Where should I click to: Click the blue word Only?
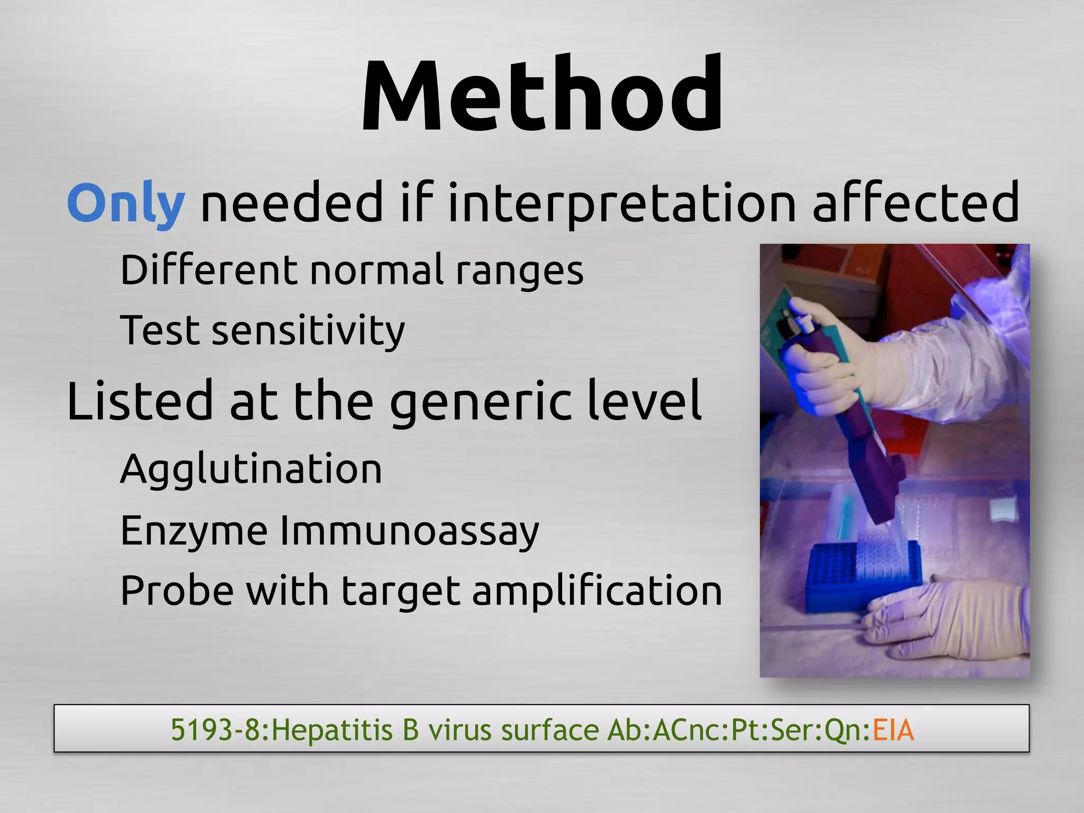tap(126, 203)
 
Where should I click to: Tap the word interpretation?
tap(622, 203)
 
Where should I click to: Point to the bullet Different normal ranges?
tap(352, 270)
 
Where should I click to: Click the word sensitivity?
tap(308, 331)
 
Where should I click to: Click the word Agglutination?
tap(251, 469)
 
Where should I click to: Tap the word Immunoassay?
tap(409, 530)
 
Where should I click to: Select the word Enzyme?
tap(194, 530)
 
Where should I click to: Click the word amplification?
tap(597, 591)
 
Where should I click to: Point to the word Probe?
tap(177, 591)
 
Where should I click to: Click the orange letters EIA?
tap(893, 730)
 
